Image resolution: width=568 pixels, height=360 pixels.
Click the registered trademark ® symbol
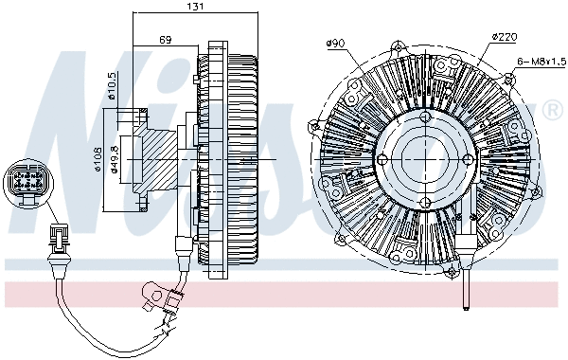click(552, 112)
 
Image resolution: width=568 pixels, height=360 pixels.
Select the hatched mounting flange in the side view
click(151, 156)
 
